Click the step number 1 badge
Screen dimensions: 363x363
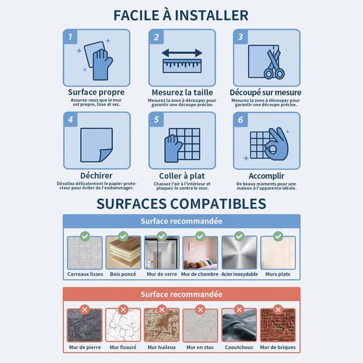[70, 36]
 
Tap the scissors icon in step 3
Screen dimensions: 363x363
[275, 64]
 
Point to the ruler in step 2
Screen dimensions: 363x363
[182, 66]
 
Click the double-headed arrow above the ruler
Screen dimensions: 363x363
[182, 53]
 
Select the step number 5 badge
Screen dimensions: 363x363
[157, 120]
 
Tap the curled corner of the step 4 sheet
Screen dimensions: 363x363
[106, 155]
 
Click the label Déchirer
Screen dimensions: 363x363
[96, 175]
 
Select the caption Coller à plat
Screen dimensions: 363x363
[182, 176]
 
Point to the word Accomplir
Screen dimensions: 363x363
[267, 176]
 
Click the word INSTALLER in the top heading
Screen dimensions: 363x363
[212, 15]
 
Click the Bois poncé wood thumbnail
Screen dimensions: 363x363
[123, 252]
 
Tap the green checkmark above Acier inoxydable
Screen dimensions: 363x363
[239, 237]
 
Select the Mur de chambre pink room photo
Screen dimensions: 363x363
[200, 252]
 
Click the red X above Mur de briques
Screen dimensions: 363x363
[278, 310]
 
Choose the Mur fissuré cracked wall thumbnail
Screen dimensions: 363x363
[123, 325]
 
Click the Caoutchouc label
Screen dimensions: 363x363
[239, 347]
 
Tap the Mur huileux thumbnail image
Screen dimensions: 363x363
[162, 325]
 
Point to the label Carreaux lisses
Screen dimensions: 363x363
[85, 274]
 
